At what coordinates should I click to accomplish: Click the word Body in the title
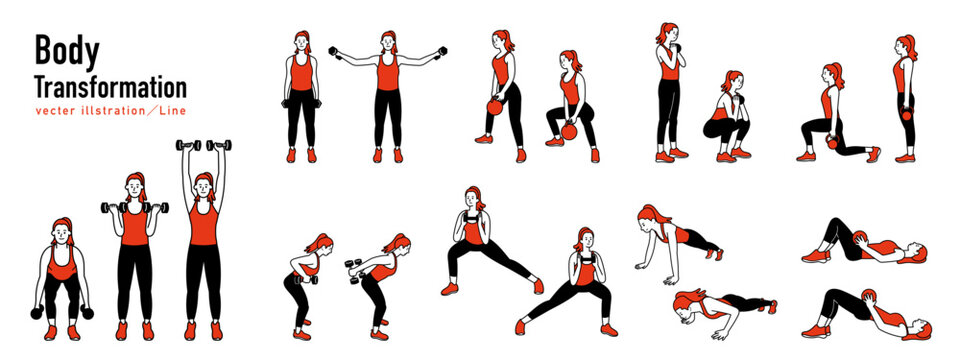58,51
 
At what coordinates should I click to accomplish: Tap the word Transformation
110,86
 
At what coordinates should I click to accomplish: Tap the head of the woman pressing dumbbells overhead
203,186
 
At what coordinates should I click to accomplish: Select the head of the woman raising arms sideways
387,44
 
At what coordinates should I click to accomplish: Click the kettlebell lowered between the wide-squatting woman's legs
570,129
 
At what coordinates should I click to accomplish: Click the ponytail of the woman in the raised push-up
655,213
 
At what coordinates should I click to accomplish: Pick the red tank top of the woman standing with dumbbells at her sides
302,72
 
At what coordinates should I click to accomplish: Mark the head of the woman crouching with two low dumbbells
63,235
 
